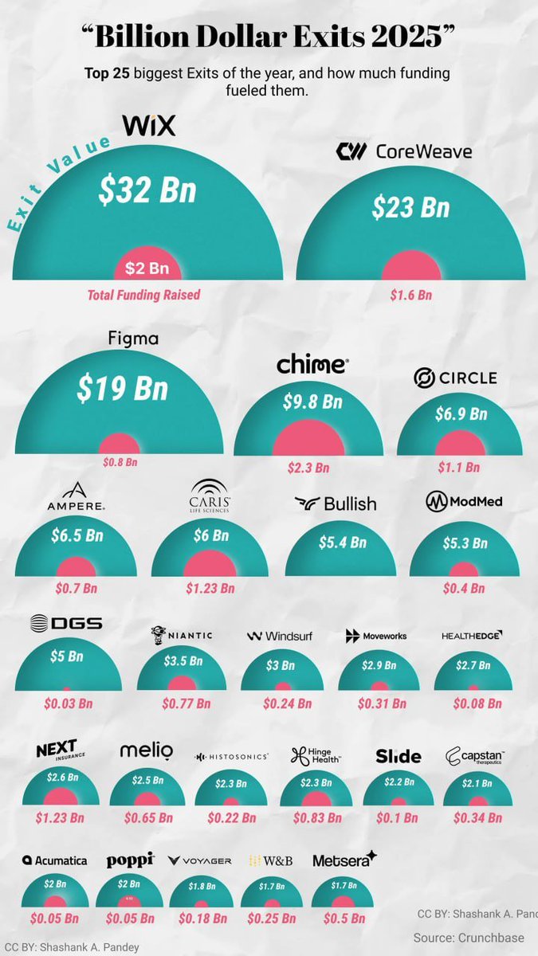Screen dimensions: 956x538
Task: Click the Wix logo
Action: (148, 125)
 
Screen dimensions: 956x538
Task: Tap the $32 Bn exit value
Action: (147, 190)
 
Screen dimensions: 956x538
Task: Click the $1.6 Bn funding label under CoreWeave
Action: (410, 295)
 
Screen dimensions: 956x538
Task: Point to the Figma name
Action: (133, 339)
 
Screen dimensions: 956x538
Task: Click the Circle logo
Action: (455, 378)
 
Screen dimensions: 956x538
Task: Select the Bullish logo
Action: (335, 503)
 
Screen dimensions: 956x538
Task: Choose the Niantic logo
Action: (182, 635)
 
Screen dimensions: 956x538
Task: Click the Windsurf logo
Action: (279, 636)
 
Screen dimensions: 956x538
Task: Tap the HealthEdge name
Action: (473, 636)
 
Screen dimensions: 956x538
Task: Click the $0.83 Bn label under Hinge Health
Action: (316, 817)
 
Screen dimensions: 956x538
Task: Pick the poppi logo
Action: (131, 860)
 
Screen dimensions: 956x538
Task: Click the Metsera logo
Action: (344, 860)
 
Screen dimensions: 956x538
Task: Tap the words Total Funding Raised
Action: (143, 295)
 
